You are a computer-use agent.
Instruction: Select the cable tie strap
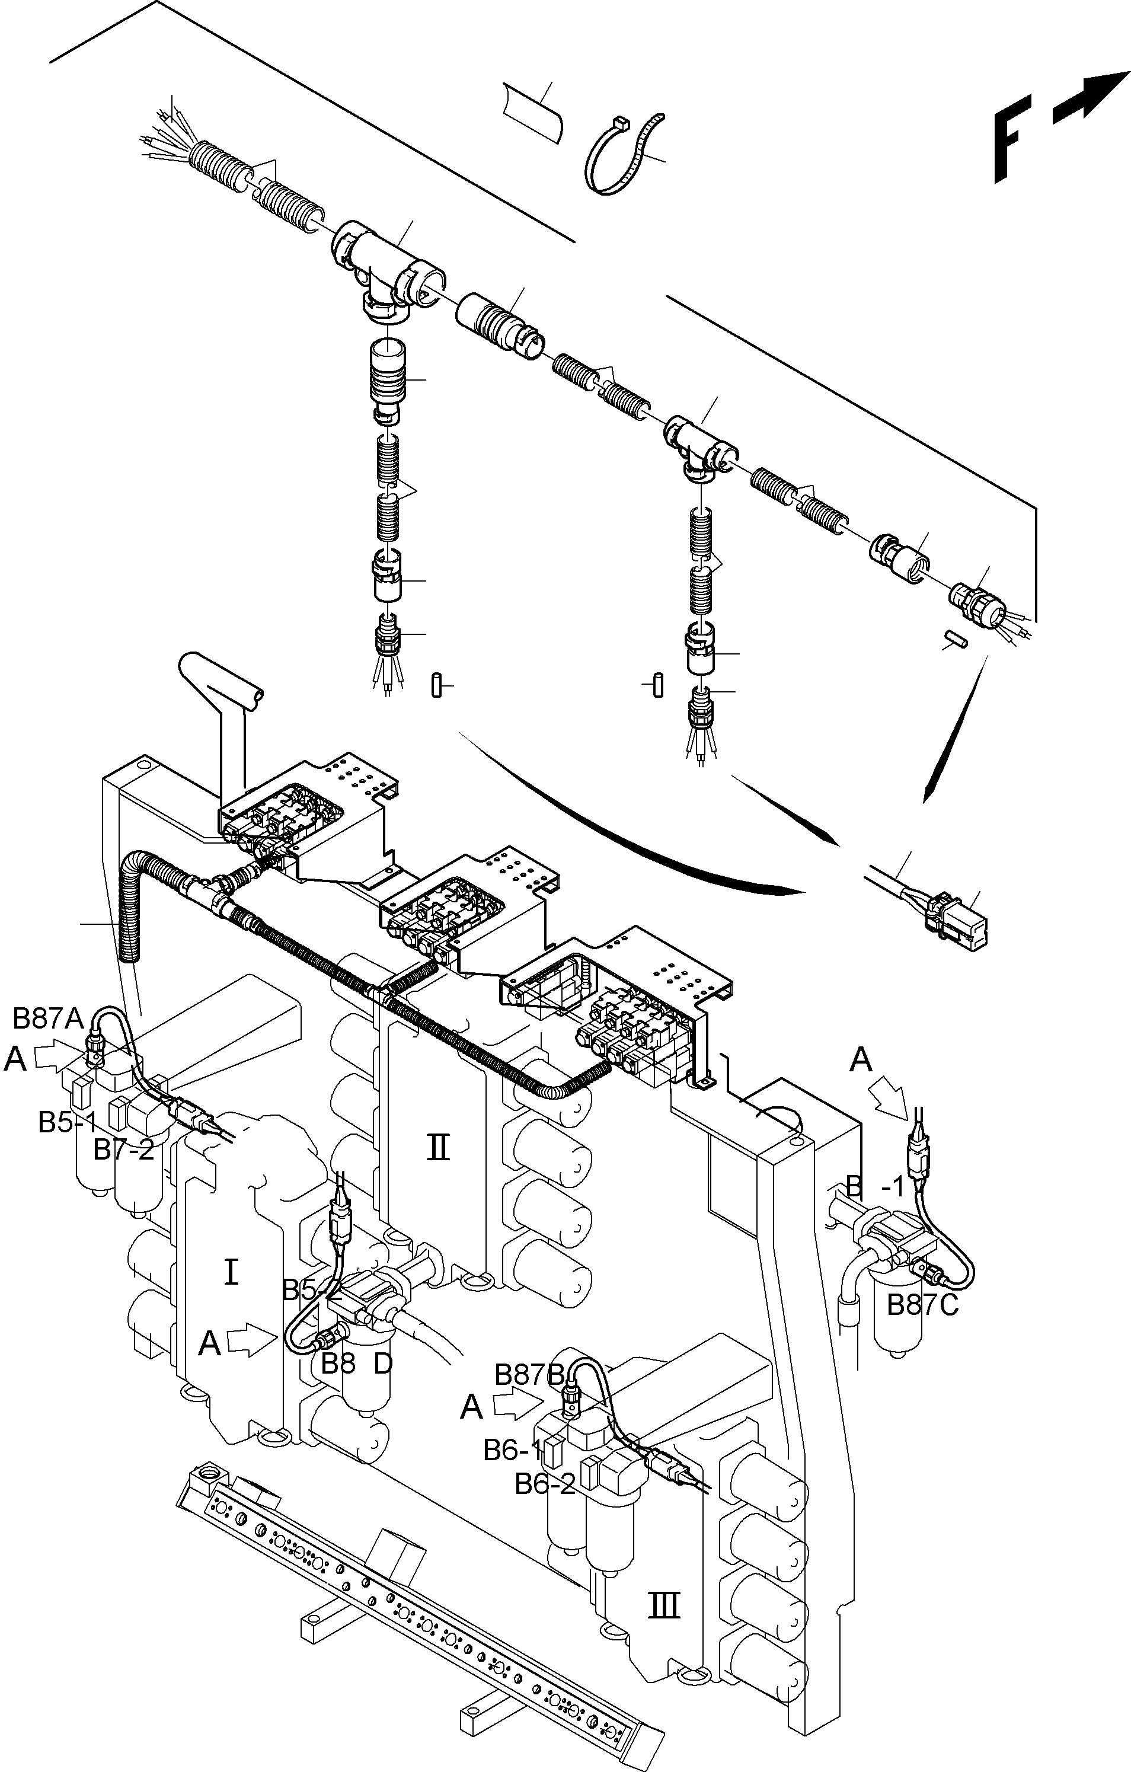625,155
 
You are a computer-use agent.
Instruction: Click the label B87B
528,1374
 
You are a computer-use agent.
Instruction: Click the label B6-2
545,1484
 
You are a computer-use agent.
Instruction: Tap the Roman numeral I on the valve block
231,1271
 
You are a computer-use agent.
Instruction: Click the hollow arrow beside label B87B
518,1405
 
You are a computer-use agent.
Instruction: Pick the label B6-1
512,1449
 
